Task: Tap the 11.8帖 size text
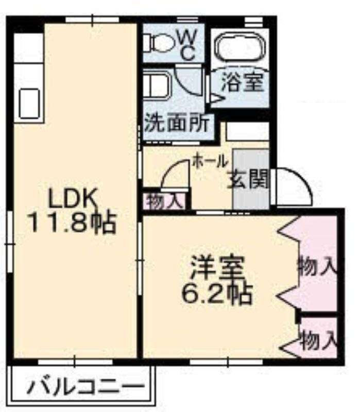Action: pyautogui.click(x=73, y=222)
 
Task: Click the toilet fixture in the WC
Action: pyautogui.click(x=159, y=43)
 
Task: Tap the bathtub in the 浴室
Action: pyautogui.click(x=239, y=46)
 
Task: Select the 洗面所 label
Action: pyautogui.click(x=177, y=123)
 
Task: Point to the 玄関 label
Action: pyautogui.click(x=248, y=179)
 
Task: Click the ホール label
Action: pyautogui.click(x=209, y=161)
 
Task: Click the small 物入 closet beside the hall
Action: pyautogui.click(x=165, y=201)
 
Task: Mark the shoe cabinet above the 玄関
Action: pyautogui.click(x=248, y=131)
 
